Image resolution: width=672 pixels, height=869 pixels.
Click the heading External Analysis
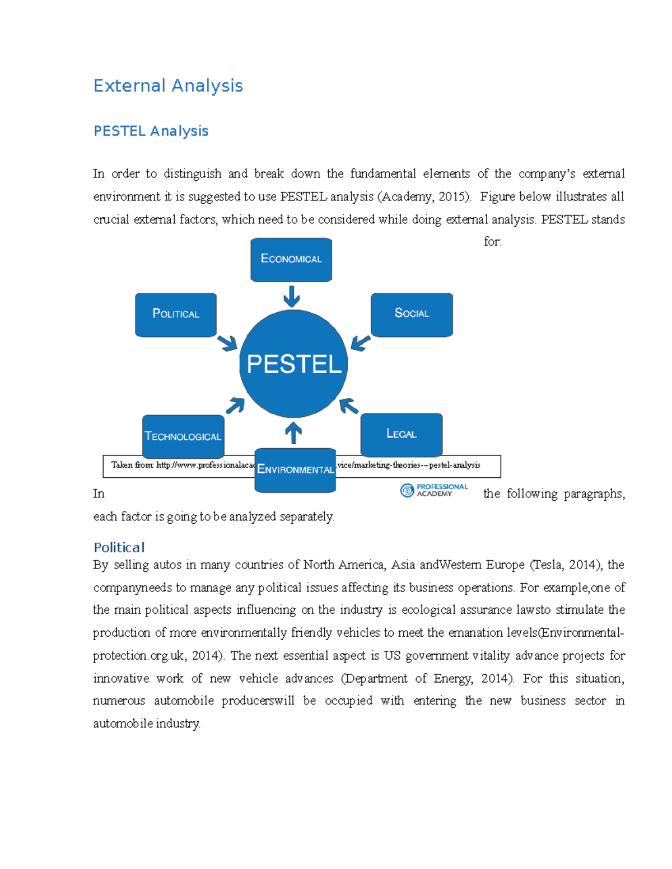(168, 86)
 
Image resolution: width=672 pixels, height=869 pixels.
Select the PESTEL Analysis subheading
(151, 131)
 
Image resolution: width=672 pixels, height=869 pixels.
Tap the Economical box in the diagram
(291, 259)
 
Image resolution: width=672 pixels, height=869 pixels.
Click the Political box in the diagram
(176, 314)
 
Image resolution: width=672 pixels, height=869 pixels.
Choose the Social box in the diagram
(412, 314)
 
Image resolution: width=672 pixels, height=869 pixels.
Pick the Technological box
(183, 436)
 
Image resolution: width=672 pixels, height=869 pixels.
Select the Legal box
(401, 434)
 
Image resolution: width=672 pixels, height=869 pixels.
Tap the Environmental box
(295, 470)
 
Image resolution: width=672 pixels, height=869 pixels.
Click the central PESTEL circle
(293, 364)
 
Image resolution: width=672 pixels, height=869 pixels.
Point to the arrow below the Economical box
(291, 296)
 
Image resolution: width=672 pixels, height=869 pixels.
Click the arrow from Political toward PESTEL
(227, 342)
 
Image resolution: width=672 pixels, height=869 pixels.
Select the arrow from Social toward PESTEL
(360, 342)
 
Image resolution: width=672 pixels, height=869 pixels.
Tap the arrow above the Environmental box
(293, 433)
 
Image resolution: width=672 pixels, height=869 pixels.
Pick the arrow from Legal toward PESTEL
(349, 406)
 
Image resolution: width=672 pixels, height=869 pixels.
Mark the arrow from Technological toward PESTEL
(235, 405)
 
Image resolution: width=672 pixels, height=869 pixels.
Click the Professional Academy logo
(434, 490)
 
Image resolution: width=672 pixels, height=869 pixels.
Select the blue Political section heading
(119, 547)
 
